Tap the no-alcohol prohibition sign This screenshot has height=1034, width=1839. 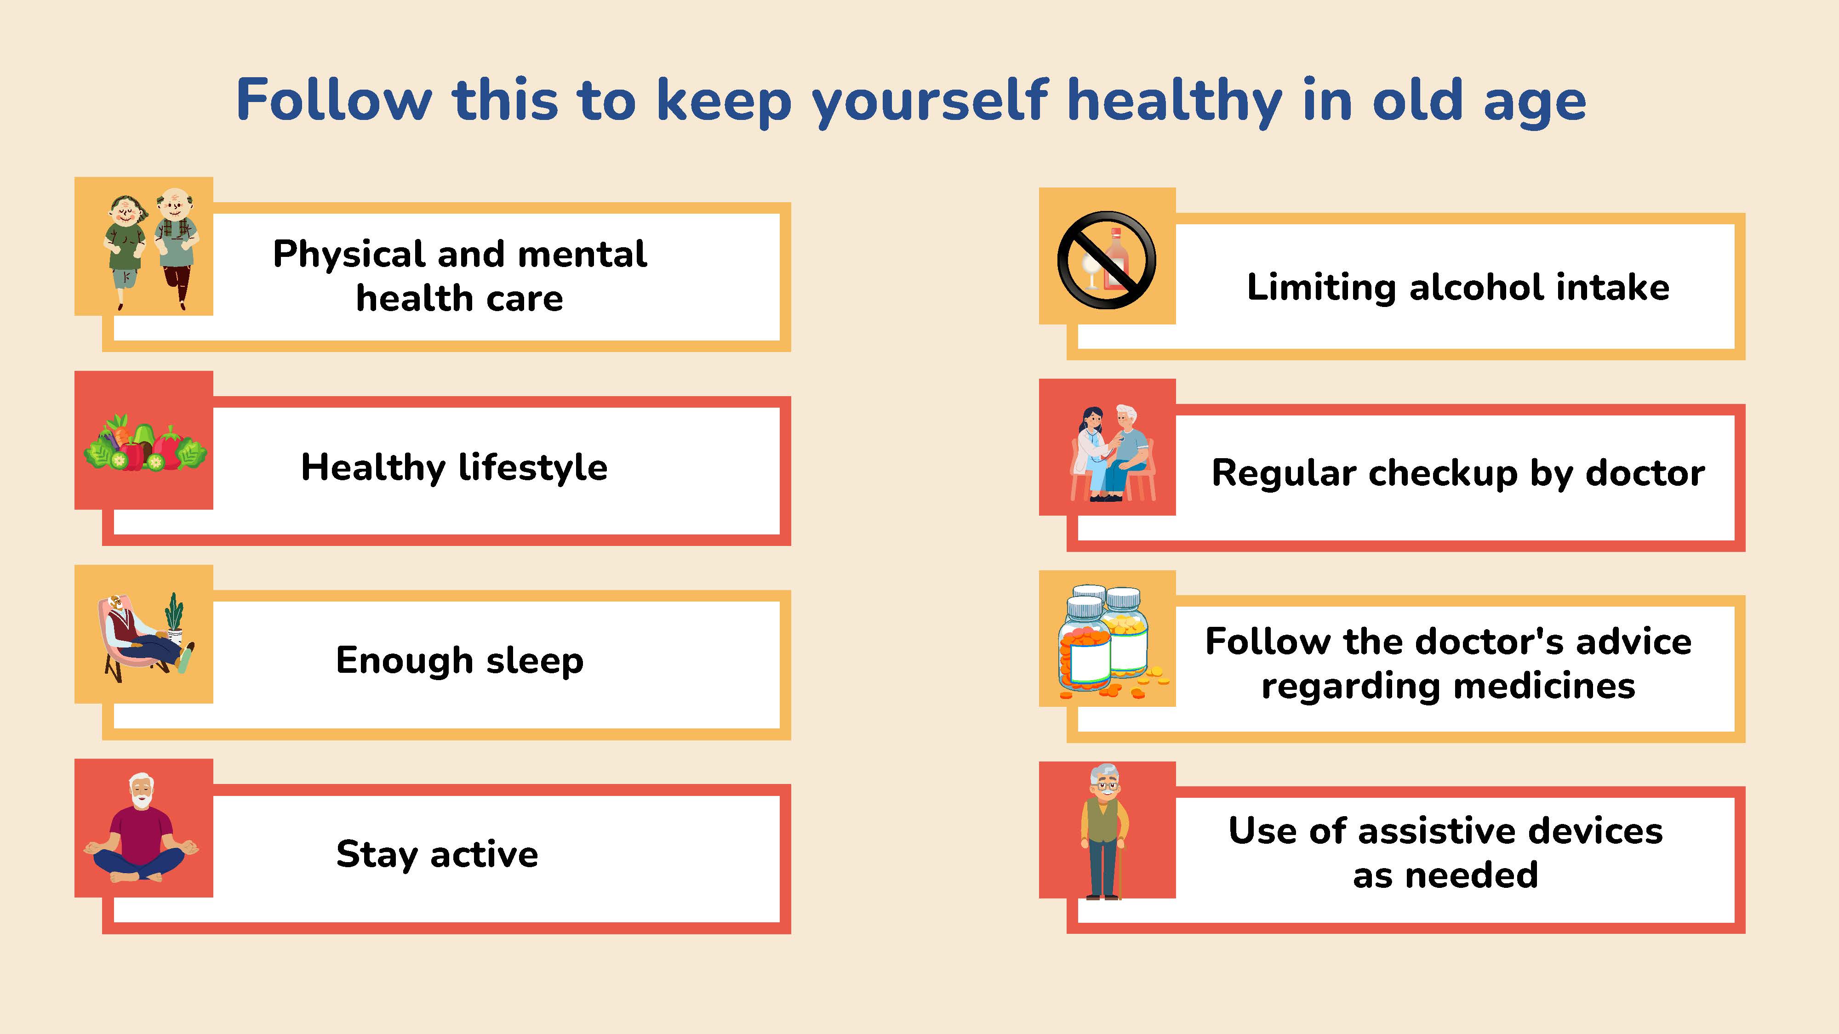[1107, 260]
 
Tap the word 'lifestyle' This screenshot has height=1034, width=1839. [532, 468]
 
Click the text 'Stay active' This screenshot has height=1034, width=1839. [437, 854]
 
